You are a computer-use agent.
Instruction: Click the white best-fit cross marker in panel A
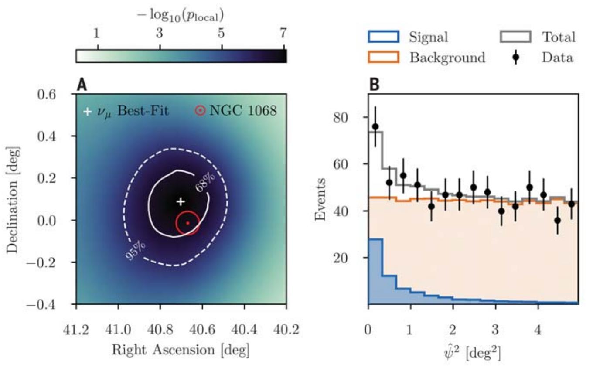pos(181,201)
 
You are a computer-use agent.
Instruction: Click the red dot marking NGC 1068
pos(187,223)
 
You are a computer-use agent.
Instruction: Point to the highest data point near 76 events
pos(375,126)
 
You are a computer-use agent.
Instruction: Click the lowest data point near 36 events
pos(557,220)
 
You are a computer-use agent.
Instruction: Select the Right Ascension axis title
pos(181,349)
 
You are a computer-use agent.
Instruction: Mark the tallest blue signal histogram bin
pos(375,270)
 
